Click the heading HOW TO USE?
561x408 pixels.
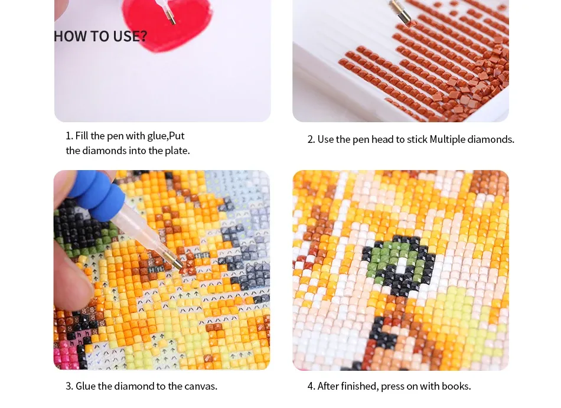click(x=100, y=36)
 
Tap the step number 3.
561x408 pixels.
click(x=69, y=386)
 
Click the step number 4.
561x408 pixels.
click(x=310, y=386)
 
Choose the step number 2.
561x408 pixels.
click(x=310, y=139)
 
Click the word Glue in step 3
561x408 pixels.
click(x=86, y=386)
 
